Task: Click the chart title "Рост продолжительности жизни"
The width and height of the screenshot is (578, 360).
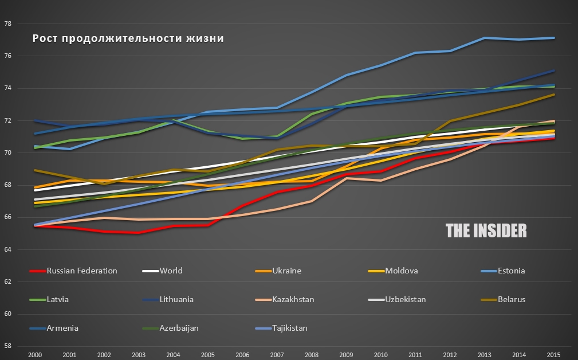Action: pos(128,39)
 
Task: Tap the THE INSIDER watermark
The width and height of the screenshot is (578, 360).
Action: pos(486,230)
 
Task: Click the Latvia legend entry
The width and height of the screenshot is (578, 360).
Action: pos(58,299)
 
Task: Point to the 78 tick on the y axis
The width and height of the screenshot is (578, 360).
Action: pos(8,24)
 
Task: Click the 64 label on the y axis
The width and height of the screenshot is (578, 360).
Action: pos(8,249)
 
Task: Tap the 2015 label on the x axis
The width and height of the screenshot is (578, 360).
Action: pos(553,354)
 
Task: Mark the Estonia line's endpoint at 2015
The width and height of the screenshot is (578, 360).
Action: pos(553,38)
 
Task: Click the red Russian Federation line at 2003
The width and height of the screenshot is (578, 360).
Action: pos(138,233)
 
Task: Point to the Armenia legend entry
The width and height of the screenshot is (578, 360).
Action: pos(63,328)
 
